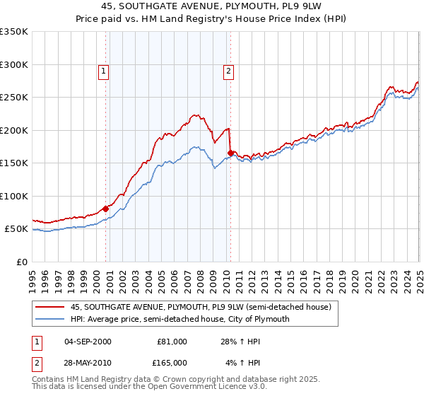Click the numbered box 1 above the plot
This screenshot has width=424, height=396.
pos(103,70)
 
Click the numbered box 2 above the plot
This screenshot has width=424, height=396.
pos(230,70)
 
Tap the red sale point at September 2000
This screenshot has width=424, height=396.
pos(106,209)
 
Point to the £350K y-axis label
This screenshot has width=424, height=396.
pos(14,32)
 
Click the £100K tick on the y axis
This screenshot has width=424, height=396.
pos(14,196)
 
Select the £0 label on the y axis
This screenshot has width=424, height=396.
pos(23,262)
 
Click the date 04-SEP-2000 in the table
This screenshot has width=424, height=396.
pos(88,342)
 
